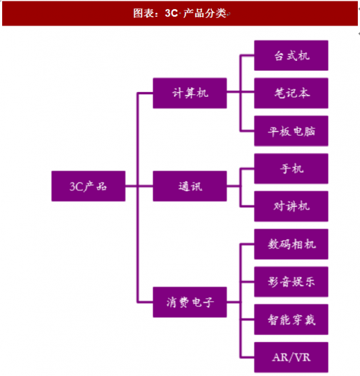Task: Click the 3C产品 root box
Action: [x=88, y=186]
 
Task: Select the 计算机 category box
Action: [x=190, y=93]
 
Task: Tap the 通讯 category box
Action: [x=190, y=186]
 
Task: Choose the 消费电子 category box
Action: [x=190, y=302]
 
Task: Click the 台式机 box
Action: [x=291, y=55]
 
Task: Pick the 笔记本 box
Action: [x=291, y=93]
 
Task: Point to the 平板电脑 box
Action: [x=291, y=131]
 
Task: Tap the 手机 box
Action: [x=291, y=169]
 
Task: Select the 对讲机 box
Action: [x=291, y=206]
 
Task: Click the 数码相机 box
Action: [x=291, y=244]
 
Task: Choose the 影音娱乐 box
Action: [x=291, y=282]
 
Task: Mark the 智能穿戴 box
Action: [x=291, y=319]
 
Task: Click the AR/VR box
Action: [x=291, y=357]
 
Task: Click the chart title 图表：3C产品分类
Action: [x=180, y=13]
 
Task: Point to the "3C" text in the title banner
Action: [x=171, y=13]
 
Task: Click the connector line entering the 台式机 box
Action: [x=247, y=55]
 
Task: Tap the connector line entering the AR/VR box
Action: [x=247, y=357]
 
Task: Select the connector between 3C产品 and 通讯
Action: [x=139, y=186]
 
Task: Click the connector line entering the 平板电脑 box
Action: [x=247, y=131]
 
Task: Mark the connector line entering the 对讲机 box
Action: [x=247, y=206]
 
